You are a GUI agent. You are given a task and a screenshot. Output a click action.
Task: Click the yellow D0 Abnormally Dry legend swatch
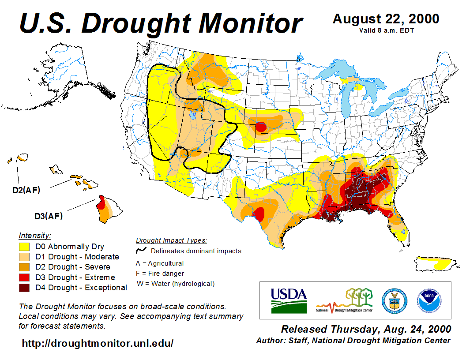pos(24,247)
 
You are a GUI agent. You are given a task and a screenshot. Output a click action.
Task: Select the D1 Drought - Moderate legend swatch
pos(24,257)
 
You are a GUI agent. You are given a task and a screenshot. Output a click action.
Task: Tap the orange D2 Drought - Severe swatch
pos(24,267)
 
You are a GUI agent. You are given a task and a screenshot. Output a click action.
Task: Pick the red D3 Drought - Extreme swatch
pos(24,277)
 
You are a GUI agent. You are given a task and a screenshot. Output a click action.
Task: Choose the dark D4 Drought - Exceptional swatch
pos(24,288)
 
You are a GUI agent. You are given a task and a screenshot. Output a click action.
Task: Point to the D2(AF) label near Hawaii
pos(26,191)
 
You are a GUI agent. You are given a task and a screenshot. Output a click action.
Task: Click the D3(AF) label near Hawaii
pos(49,216)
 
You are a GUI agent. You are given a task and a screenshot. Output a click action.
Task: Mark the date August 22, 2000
pos(386,19)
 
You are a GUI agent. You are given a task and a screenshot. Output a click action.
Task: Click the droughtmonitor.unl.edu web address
pos(98,343)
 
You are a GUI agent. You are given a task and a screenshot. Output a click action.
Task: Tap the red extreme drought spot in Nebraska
pos(260,127)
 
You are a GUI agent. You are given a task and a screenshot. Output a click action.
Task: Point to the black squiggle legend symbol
pos(141,250)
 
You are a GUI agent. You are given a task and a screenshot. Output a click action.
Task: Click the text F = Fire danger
pos(159,274)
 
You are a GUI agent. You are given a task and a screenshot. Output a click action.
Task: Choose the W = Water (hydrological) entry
pos(176,284)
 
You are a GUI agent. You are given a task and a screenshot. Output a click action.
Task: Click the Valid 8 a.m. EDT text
pos(386,30)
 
